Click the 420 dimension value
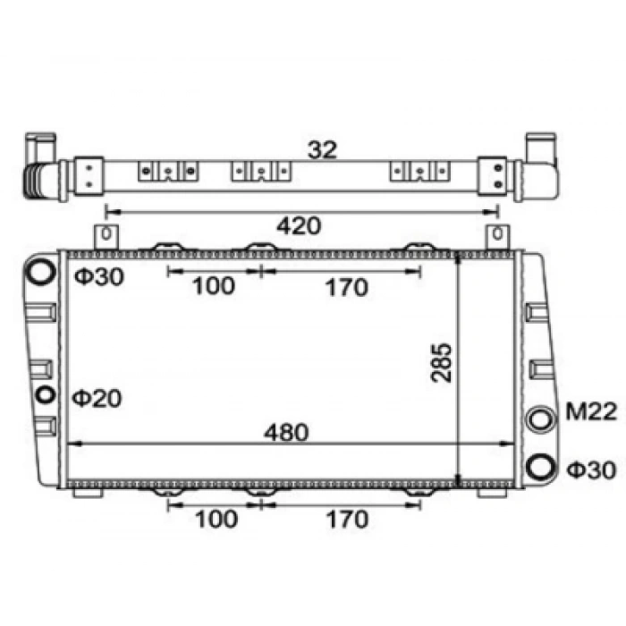(x=299, y=226)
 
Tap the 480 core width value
(x=286, y=432)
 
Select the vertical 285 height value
(x=442, y=362)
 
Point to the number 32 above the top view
(x=322, y=150)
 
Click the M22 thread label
(x=591, y=411)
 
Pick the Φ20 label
(x=97, y=399)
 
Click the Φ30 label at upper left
(x=99, y=276)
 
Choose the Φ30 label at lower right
(x=592, y=469)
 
